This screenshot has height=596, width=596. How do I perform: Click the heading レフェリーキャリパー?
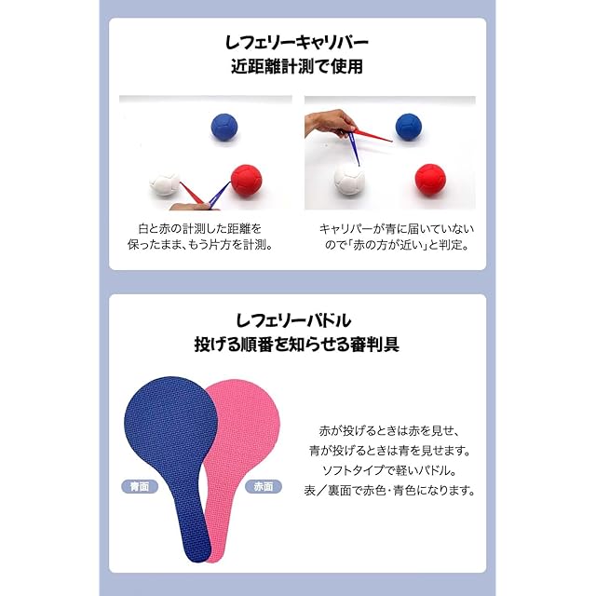click(297, 43)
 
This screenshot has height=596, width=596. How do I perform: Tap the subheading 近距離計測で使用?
click(297, 67)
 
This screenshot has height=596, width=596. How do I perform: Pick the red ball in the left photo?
click(246, 179)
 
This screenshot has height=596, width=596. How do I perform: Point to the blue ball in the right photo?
click(408, 127)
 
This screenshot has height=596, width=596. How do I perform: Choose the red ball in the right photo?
click(430, 177)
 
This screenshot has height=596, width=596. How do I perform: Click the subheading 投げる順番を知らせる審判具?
click(297, 344)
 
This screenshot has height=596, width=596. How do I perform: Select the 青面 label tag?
click(140, 486)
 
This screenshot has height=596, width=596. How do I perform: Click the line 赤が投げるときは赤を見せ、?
click(389, 431)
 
